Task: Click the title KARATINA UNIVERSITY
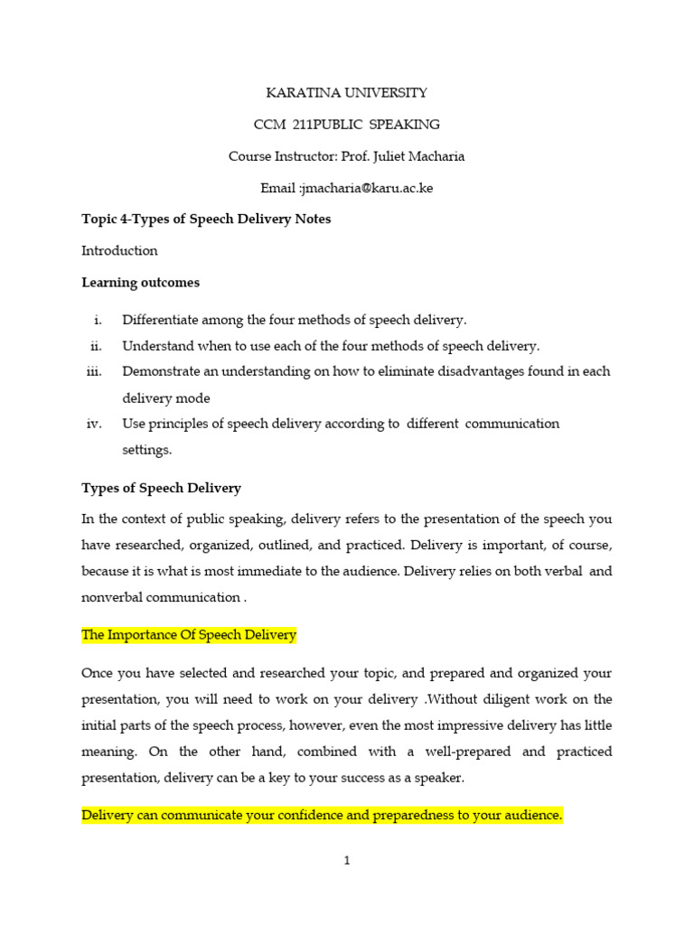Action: (x=346, y=93)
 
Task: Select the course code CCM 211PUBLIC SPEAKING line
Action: (x=347, y=125)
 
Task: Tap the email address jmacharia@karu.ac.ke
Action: (x=353, y=188)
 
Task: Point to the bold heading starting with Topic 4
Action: (x=206, y=220)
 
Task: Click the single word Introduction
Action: (x=119, y=251)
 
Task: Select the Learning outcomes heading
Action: (x=140, y=283)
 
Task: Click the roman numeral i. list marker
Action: (x=98, y=320)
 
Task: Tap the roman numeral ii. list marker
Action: (x=96, y=346)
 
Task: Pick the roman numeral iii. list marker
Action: (x=94, y=372)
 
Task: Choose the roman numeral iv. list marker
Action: (x=95, y=424)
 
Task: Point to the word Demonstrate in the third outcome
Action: (x=160, y=372)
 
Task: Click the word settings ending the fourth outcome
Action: (x=146, y=449)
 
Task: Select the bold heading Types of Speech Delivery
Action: (x=161, y=489)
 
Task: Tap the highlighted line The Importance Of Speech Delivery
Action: (x=189, y=636)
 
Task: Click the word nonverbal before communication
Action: (x=112, y=597)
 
